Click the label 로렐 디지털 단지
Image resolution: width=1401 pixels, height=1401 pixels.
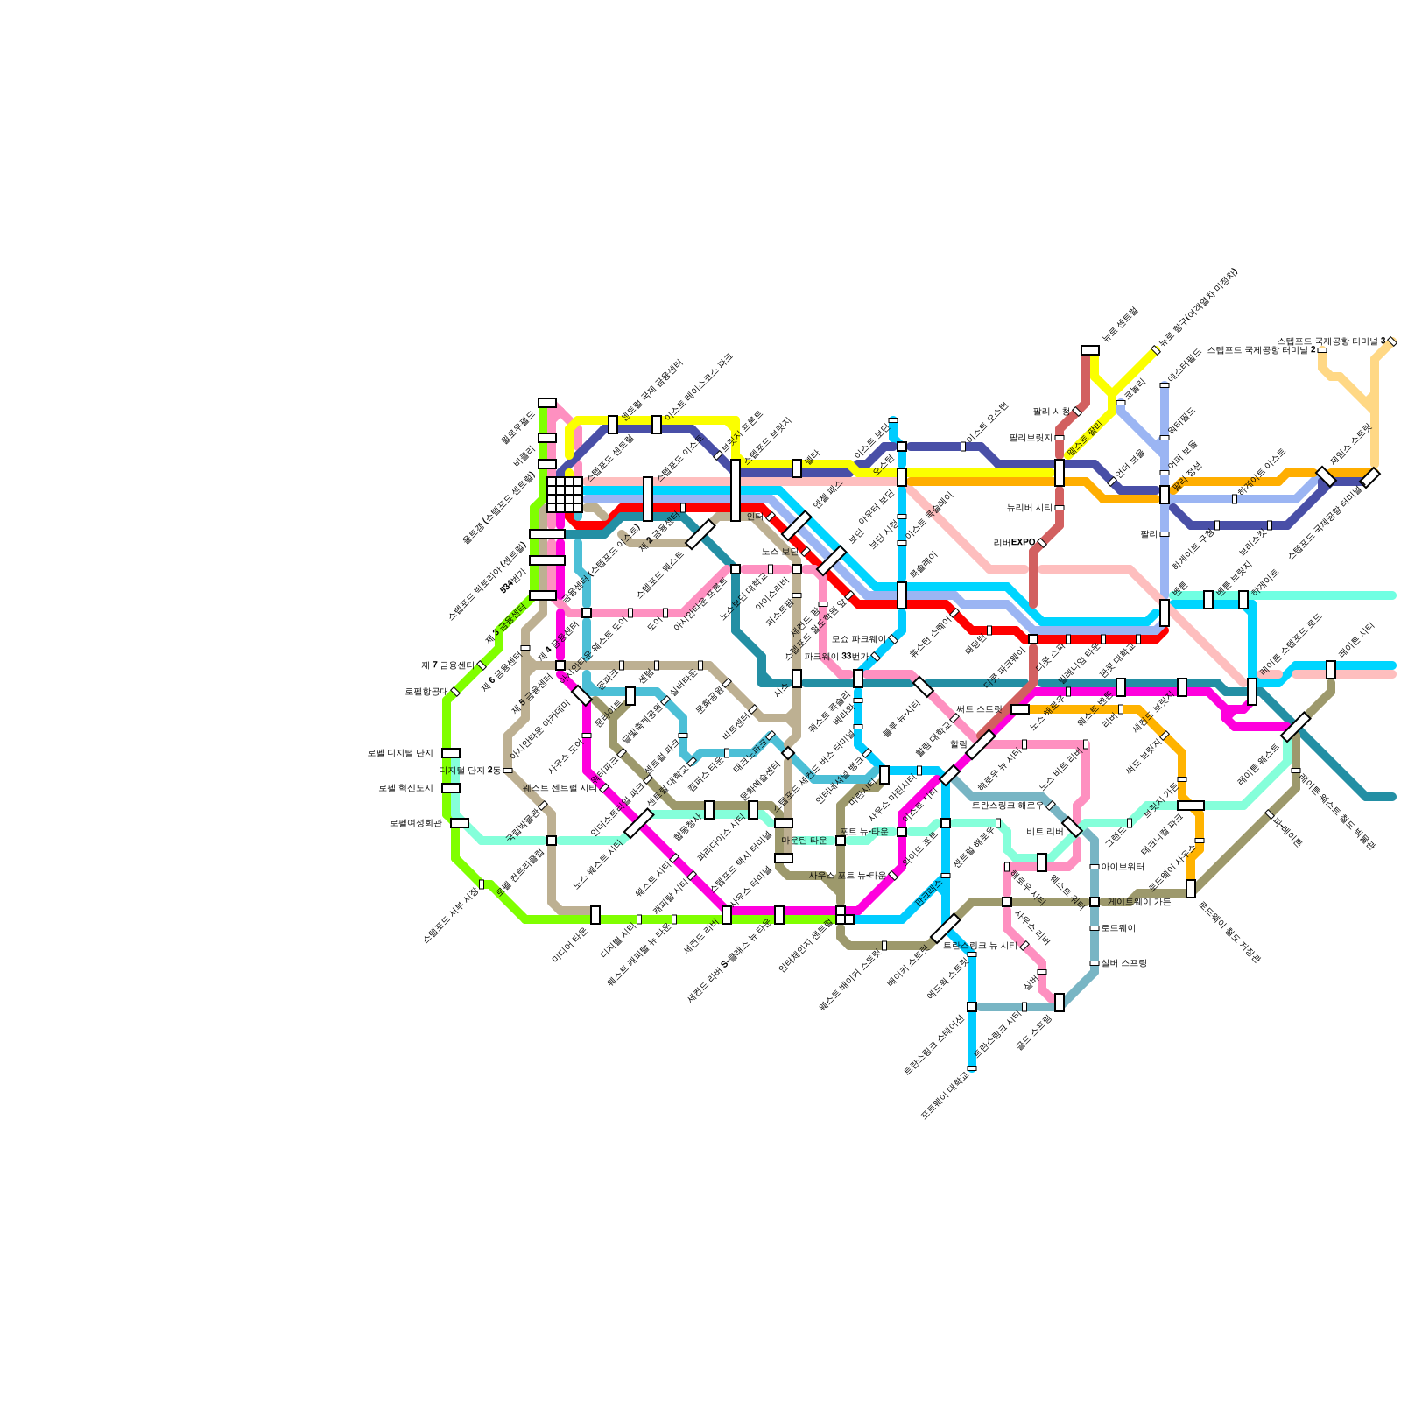pos(400,753)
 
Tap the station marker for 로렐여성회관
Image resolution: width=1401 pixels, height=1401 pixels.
pos(460,823)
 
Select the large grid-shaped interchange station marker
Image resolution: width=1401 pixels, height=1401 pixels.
pos(565,495)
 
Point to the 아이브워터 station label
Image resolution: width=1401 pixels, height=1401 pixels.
pos(1123,867)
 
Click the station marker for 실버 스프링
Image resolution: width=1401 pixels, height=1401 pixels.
pos(1095,963)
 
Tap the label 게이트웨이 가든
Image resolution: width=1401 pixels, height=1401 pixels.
pos(1139,902)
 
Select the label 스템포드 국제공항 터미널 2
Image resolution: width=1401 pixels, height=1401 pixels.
pos(1261,350)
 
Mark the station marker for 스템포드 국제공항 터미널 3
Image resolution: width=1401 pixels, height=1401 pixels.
pos(1392,341)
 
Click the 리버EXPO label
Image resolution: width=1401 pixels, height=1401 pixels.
pos(1014,543)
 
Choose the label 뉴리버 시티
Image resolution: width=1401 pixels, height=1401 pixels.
pos(1029,508)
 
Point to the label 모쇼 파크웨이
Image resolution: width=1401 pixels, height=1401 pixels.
pos(858,639)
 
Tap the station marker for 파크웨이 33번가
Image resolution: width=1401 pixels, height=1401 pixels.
pos(876,657)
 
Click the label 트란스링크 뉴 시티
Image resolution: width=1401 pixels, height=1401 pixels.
pos(980,946)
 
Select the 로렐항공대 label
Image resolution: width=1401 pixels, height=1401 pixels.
pos(426,692)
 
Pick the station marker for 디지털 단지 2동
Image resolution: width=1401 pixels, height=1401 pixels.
pos(508,771)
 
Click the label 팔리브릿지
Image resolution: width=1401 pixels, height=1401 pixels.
pos(1031,438)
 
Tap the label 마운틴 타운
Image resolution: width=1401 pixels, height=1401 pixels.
pos(804,841)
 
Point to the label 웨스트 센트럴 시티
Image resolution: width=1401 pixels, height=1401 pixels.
pos(560,788)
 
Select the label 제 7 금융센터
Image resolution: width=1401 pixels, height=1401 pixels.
pos(447,665)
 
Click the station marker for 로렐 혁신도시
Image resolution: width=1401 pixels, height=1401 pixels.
pos(451,788)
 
